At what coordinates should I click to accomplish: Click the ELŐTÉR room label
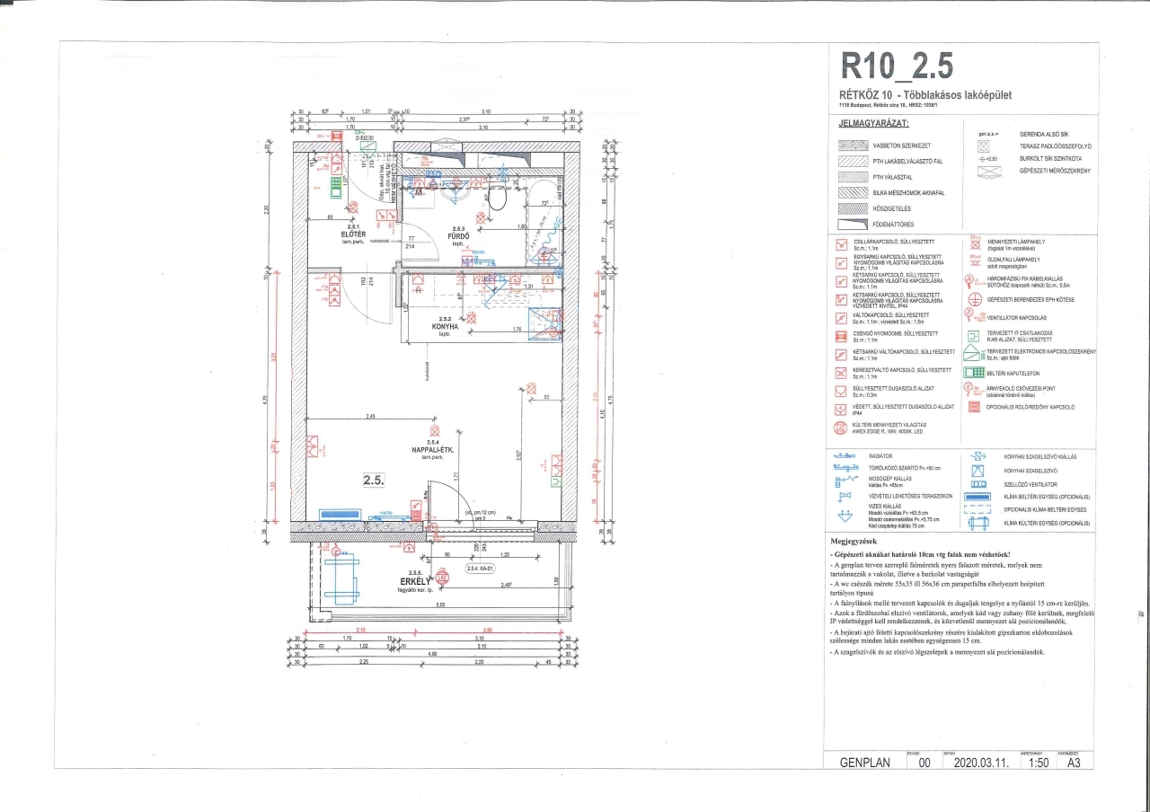(x=326, y=234)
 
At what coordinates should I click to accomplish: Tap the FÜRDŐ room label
(x=459, y=236)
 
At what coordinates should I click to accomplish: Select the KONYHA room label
(x=444, y=326)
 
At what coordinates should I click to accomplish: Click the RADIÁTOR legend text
(x=884, y=456)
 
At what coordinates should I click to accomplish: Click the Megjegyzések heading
(x=862, y=543)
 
